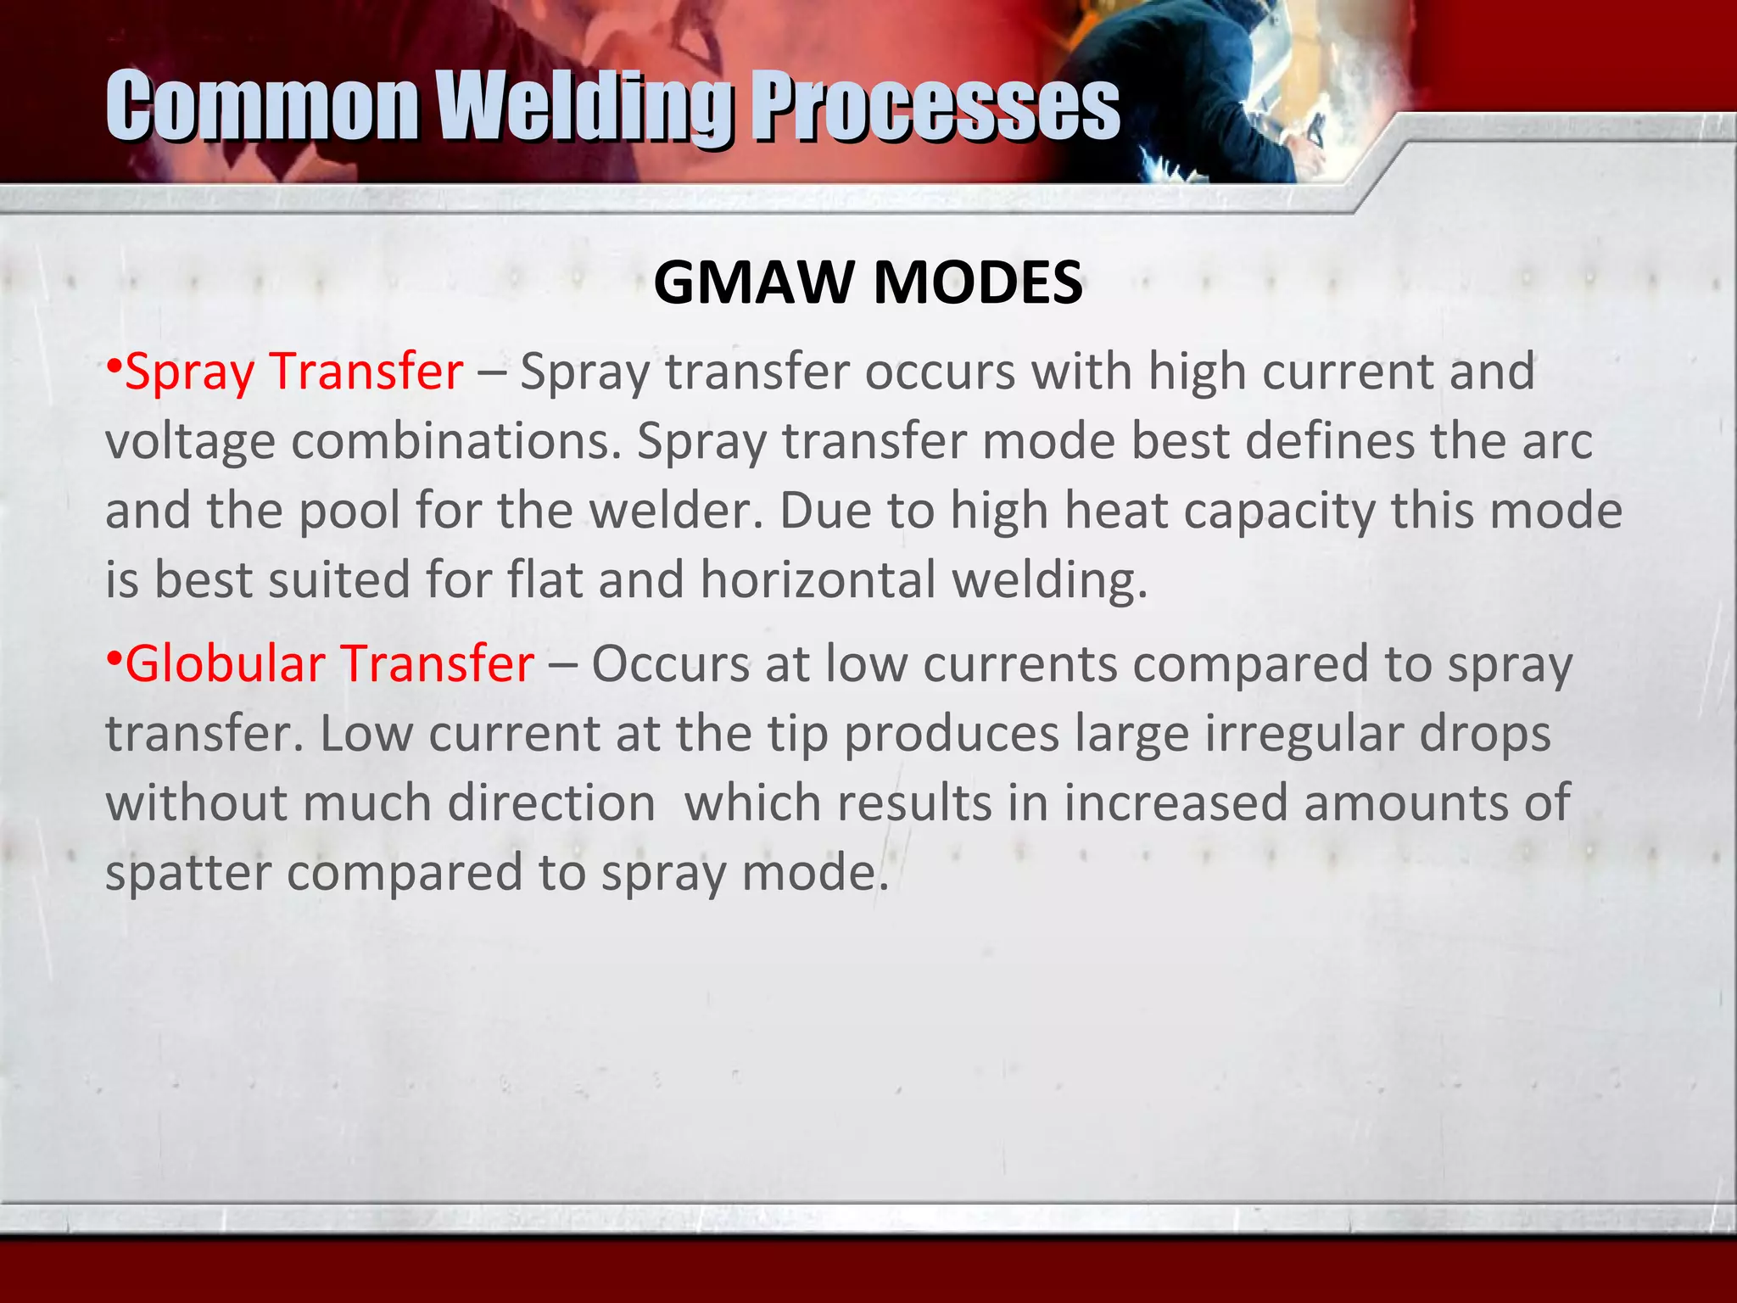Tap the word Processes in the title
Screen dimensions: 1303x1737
tap(936, 109)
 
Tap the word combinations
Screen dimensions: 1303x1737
tap(456, 442)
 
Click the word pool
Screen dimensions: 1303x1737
tap(349, 512)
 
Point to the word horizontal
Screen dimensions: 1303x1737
tap(818, 580)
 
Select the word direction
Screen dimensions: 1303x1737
tap(551, 803)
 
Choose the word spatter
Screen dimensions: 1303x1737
tap(187, 873)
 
